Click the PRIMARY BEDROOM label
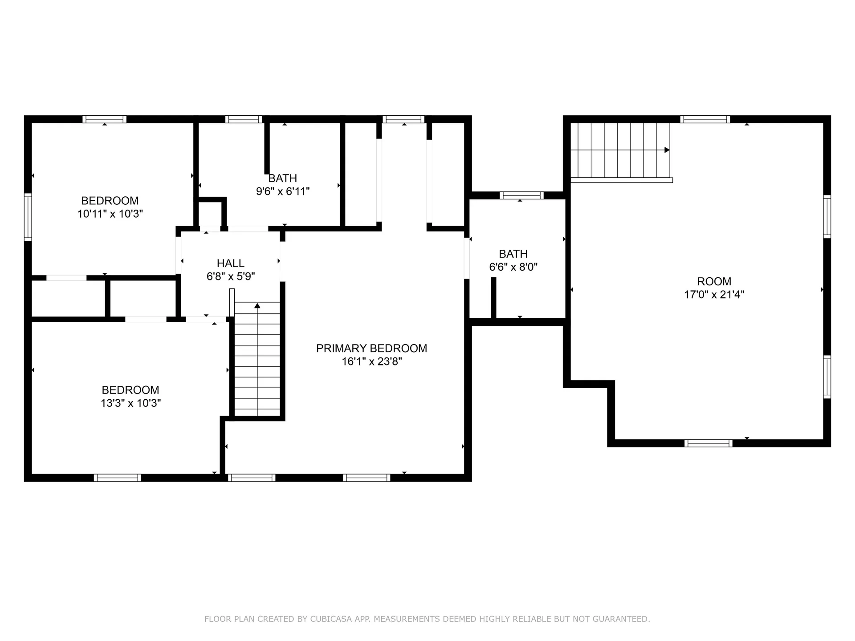(371, 348)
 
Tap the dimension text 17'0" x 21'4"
(714, 294)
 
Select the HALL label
(230, 263)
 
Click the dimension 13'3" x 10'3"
(130, 403)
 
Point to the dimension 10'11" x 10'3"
(110, 214)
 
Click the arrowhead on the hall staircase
(257, 305)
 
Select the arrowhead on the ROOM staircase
(667, 150)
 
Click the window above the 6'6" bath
(521, 195)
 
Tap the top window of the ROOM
(704, 119)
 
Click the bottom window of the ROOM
(708, 443)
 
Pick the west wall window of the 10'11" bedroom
(28, 217)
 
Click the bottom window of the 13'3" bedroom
(117, 478)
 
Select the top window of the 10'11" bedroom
(104, 119)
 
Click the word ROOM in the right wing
(714, 281)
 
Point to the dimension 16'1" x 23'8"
(371, 361)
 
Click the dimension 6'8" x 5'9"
(230, 276)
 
